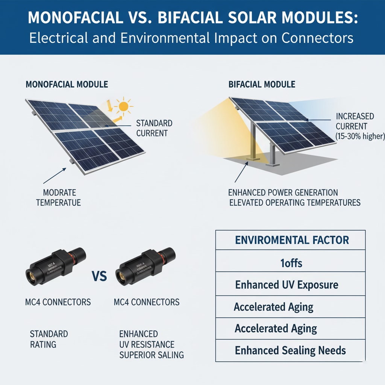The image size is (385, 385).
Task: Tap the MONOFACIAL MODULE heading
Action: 67,84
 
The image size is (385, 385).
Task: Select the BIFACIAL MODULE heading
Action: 262,84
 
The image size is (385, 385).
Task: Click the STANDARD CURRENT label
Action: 154,128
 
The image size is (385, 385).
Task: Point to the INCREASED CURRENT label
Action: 355,121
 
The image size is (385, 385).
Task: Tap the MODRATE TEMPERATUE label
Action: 58,198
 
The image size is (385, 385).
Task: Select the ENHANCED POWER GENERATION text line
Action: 283,192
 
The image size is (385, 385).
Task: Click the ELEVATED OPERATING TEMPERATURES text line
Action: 295,203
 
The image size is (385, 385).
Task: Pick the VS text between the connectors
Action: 99,277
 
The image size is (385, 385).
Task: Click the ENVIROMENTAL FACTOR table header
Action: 292,240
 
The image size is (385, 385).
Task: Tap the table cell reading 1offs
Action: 291,262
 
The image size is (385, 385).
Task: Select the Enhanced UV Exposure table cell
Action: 286,285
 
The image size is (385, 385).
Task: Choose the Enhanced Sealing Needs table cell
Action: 290,350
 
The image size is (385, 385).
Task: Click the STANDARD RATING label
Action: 49,338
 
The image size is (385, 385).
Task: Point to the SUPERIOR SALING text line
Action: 151,355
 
